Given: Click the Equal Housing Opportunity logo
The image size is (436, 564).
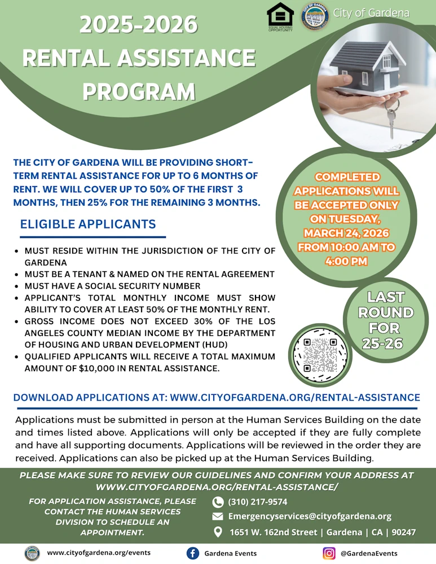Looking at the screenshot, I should (280, 17).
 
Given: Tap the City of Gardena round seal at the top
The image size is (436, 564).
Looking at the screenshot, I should (315, 17).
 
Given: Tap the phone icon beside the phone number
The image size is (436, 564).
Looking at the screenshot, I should (218, 502).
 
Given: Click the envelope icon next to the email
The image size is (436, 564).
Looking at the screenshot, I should (218, 517).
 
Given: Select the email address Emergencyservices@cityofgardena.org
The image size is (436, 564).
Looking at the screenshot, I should (310, 517).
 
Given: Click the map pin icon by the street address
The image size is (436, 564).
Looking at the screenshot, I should (218, 532).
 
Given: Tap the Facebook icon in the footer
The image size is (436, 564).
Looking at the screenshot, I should (192, 553).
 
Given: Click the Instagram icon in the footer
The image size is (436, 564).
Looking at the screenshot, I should (329, 553).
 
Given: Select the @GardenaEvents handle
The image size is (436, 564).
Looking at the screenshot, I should (369, 553).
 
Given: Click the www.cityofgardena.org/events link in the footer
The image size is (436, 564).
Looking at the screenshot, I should (99, 553).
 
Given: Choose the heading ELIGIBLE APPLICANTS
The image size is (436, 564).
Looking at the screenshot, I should (88, 224).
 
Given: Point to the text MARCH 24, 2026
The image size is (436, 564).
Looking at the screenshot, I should (346, 233).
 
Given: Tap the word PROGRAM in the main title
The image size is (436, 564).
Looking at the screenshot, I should (139, 91).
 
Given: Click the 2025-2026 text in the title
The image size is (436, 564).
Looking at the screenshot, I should (139, 24).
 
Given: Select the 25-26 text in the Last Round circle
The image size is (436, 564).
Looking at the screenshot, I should (386, 343).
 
